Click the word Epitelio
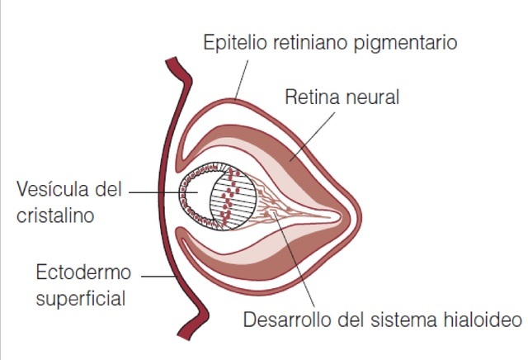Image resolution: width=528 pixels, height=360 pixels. pyautogui.click(x=232, y=41)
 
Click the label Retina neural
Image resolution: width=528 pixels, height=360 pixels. pyautogui.click(x=342, y=97)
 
